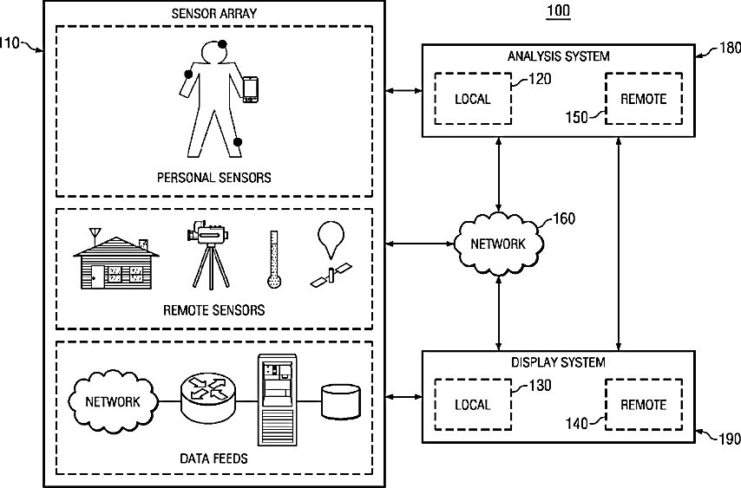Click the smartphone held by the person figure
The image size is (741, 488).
click(250, 90)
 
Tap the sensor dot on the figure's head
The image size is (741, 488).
click(223, 44)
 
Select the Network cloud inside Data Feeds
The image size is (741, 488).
click(113, 401)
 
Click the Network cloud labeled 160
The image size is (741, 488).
click(498, 244)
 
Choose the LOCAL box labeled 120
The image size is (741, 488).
click(473, 99)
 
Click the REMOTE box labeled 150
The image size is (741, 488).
click(643, 99)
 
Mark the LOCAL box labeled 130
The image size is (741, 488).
click(473, 405)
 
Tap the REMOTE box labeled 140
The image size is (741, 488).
click(643, 405)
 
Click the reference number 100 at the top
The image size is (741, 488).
click(558, 11)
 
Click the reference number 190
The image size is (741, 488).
click(729, 439)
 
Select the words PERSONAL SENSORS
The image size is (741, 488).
click(213, 178)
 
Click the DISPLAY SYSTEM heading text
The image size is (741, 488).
click(558, 362)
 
